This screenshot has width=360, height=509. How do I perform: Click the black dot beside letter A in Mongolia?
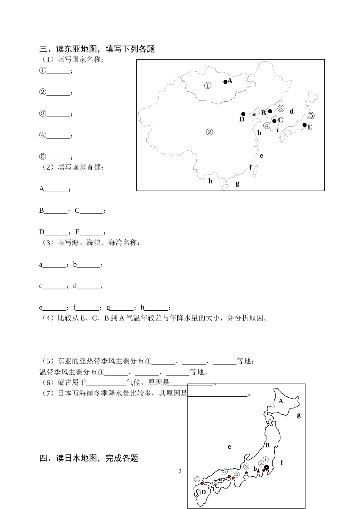tap(225, 82)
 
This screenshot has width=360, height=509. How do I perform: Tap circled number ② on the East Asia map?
tap(209, 132)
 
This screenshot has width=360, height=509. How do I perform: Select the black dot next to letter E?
tap(304, 125)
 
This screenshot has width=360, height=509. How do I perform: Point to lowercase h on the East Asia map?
tap(210, 181)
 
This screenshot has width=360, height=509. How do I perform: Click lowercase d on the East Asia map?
tap(291, 112)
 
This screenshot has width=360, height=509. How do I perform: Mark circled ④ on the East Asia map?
tap(267, 125)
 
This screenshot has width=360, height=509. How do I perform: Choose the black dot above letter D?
tap(243, 114)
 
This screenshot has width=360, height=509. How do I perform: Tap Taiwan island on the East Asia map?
tap(255, 169)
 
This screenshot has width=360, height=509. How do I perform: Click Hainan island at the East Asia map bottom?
tap(225, 187)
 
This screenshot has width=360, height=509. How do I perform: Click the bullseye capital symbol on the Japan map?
tap(266, 467)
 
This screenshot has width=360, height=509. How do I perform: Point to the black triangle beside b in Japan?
tap(259, 470)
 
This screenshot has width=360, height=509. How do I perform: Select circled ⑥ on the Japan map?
tap(197, 479)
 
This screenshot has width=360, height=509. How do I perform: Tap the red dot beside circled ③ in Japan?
tap(246, 473)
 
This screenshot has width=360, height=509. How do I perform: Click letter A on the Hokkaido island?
tap(281, 401)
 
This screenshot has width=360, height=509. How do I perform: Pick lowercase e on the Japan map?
tap(229, 447)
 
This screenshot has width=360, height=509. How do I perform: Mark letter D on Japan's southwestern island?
tap(203, 492)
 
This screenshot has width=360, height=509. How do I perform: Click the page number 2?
tap(180, 471)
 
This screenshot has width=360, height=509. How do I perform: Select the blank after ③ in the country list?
tap(58, 114)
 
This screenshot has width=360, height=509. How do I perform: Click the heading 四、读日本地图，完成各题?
tap(89, 458)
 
